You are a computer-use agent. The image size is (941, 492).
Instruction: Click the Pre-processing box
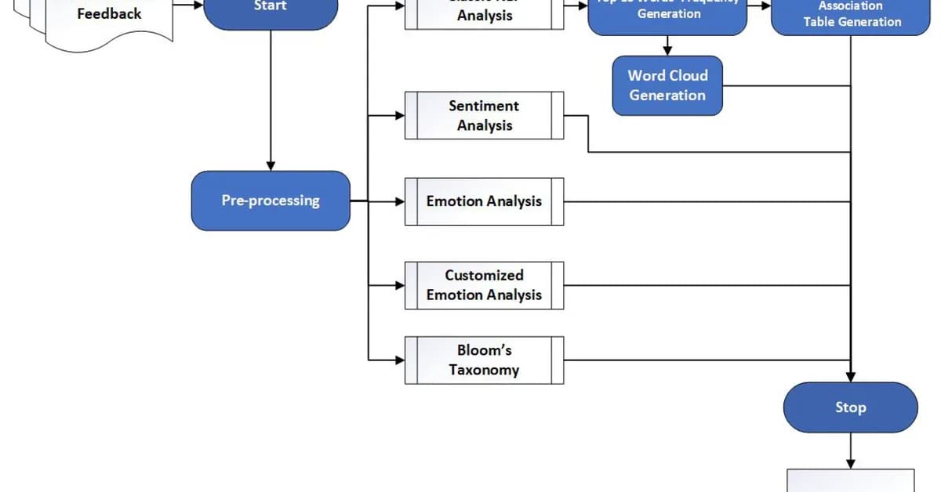pos(271,201)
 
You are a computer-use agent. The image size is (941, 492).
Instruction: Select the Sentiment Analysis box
pos(484,116)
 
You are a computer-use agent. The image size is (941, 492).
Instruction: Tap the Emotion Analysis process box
pos(484,201)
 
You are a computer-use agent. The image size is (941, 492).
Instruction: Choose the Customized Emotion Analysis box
pos(484,285)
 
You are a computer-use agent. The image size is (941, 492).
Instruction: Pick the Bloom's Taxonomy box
pos(484,360)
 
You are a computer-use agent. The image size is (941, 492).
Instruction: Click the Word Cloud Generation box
pos(667,85)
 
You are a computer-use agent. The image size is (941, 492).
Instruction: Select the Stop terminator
pos(850,407)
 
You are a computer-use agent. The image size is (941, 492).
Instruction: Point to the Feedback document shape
pos(109,20)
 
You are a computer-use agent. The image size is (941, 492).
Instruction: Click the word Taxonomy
pos(484,370)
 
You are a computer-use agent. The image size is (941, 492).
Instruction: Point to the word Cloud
pos(688,76)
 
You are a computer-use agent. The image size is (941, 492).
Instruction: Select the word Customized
pos(484,275)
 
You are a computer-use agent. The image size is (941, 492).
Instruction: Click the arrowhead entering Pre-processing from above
pos(271,166)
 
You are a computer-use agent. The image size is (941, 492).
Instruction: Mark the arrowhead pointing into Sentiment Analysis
pos(399,116)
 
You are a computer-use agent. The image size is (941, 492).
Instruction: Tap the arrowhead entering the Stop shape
pos(851,377)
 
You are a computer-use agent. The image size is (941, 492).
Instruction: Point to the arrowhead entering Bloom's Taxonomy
pos(399,360)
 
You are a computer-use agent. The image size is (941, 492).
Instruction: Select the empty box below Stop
pos(851,480)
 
